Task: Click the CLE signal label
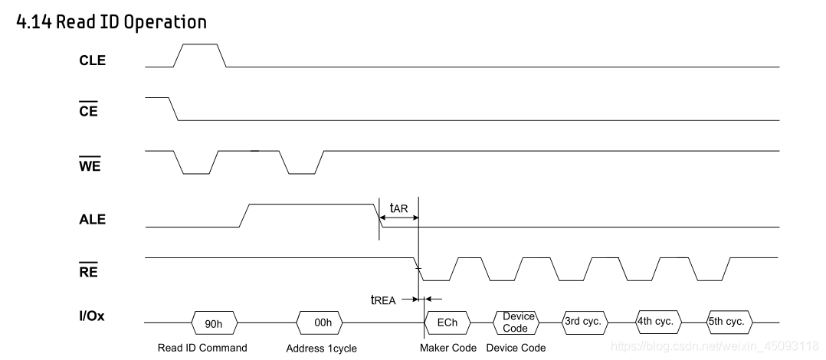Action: coord(93,61)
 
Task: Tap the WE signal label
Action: coord(90,165)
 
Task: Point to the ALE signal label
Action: coord(93,219)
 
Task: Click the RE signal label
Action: coord(88,271)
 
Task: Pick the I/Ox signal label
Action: coord(92,316)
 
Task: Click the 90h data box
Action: coord(215,322)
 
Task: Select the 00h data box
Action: coord(323,322)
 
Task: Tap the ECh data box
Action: coord(447,322)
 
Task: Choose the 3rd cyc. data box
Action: coord(582,322)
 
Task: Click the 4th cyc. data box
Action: coord(655,322)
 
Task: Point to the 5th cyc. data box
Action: coord(726,322)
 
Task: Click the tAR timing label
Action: coord(398,208)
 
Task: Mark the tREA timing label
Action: coord(383,300)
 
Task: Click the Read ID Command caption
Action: coord(202,348)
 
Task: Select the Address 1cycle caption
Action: coord(322,349)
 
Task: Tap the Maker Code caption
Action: coord(448,348)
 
